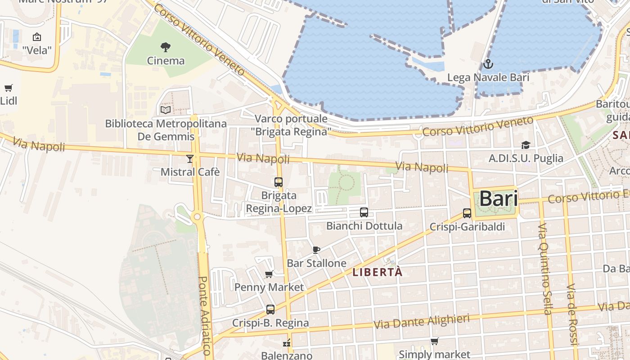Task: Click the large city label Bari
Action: [x=498, y=198]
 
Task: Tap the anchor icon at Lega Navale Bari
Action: [x=488, y=64]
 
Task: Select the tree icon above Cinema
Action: [x=166, y=47]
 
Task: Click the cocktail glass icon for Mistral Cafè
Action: [x=190, y=158]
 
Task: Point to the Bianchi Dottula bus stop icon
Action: [x=364, y=212]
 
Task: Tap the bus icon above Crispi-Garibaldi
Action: [x=467, y=213]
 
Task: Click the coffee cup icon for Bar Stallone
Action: [x=316, y=250]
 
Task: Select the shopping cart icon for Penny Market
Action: [x=269, y=274]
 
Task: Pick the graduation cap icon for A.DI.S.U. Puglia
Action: [x=526, y=145]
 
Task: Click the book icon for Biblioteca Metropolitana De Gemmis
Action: [x=166, y=110]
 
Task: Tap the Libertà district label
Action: [x=377, y=272]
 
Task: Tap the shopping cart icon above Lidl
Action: [x=8, y=88]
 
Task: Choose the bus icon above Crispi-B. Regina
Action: [x=270, y=310]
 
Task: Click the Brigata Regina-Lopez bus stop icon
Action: [x=279, y=182]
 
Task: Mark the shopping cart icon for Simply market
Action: [x=434, y=342]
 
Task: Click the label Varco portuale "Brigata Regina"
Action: [x=292, y=125]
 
